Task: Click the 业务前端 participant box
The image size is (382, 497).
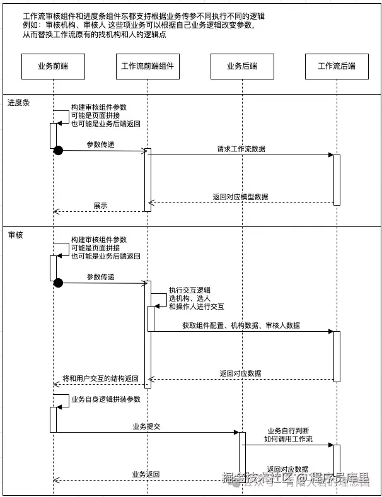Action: tap(53, 66)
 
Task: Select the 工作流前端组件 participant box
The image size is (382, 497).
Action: tap(147, 66)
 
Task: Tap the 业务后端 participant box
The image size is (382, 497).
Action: tap(243, 66)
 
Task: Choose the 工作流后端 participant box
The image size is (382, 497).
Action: tap(337, 66)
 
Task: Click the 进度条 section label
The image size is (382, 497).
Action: tap(18, 102)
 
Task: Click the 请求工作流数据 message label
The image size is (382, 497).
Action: tap(241, 149)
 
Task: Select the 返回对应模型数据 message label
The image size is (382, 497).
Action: tap(240, 197)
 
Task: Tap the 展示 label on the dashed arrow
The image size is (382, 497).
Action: tap(100, 205)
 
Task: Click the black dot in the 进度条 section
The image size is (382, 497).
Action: tap(58, 150)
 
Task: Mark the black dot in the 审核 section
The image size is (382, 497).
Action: tap(58, 282)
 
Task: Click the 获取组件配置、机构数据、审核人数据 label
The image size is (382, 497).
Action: tap(241, 325)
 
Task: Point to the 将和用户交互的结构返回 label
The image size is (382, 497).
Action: tap(100, 378)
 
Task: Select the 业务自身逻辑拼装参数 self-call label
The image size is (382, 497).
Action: tap(106, 399)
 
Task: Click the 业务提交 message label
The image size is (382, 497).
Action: tap(146, 427)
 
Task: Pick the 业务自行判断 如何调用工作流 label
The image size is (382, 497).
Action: tap(288, 434)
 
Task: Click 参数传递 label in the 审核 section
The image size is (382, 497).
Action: tap(101, 277)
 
